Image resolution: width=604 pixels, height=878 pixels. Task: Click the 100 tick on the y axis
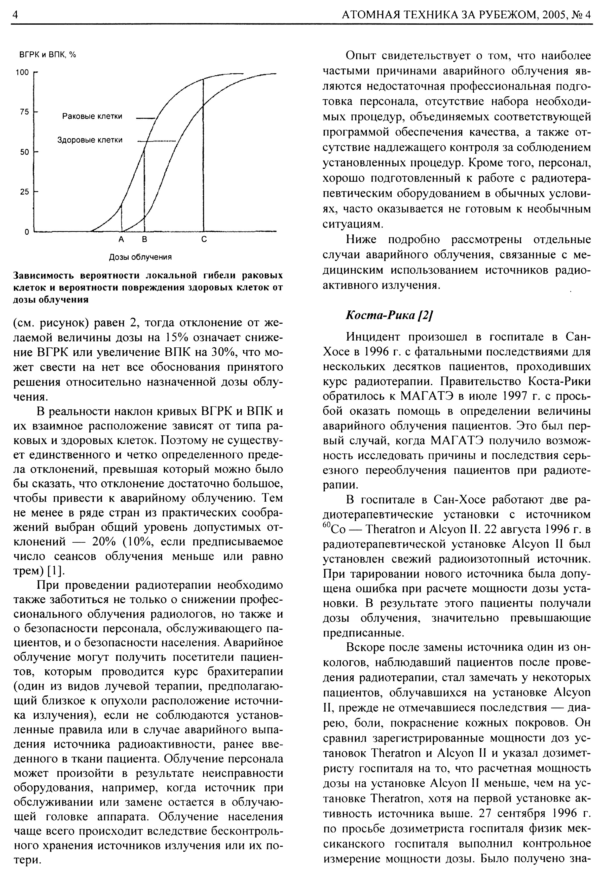[x=22, y=72]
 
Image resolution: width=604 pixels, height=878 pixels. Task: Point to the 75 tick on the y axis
[x=24, y=112]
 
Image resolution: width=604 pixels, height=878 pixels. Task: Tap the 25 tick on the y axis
[x=24, y=192]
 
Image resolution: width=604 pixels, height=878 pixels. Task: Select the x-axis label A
[x=121, y=240]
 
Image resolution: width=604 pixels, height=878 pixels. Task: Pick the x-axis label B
[x=144, y=240]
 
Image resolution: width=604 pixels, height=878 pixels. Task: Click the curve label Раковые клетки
[x=92, y=116]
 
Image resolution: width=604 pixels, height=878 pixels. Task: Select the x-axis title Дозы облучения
[x=140, y=257]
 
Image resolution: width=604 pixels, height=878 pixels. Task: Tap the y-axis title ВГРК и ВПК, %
[x=48, y=55]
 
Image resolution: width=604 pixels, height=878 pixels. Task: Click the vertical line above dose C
[x=203, y=151]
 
